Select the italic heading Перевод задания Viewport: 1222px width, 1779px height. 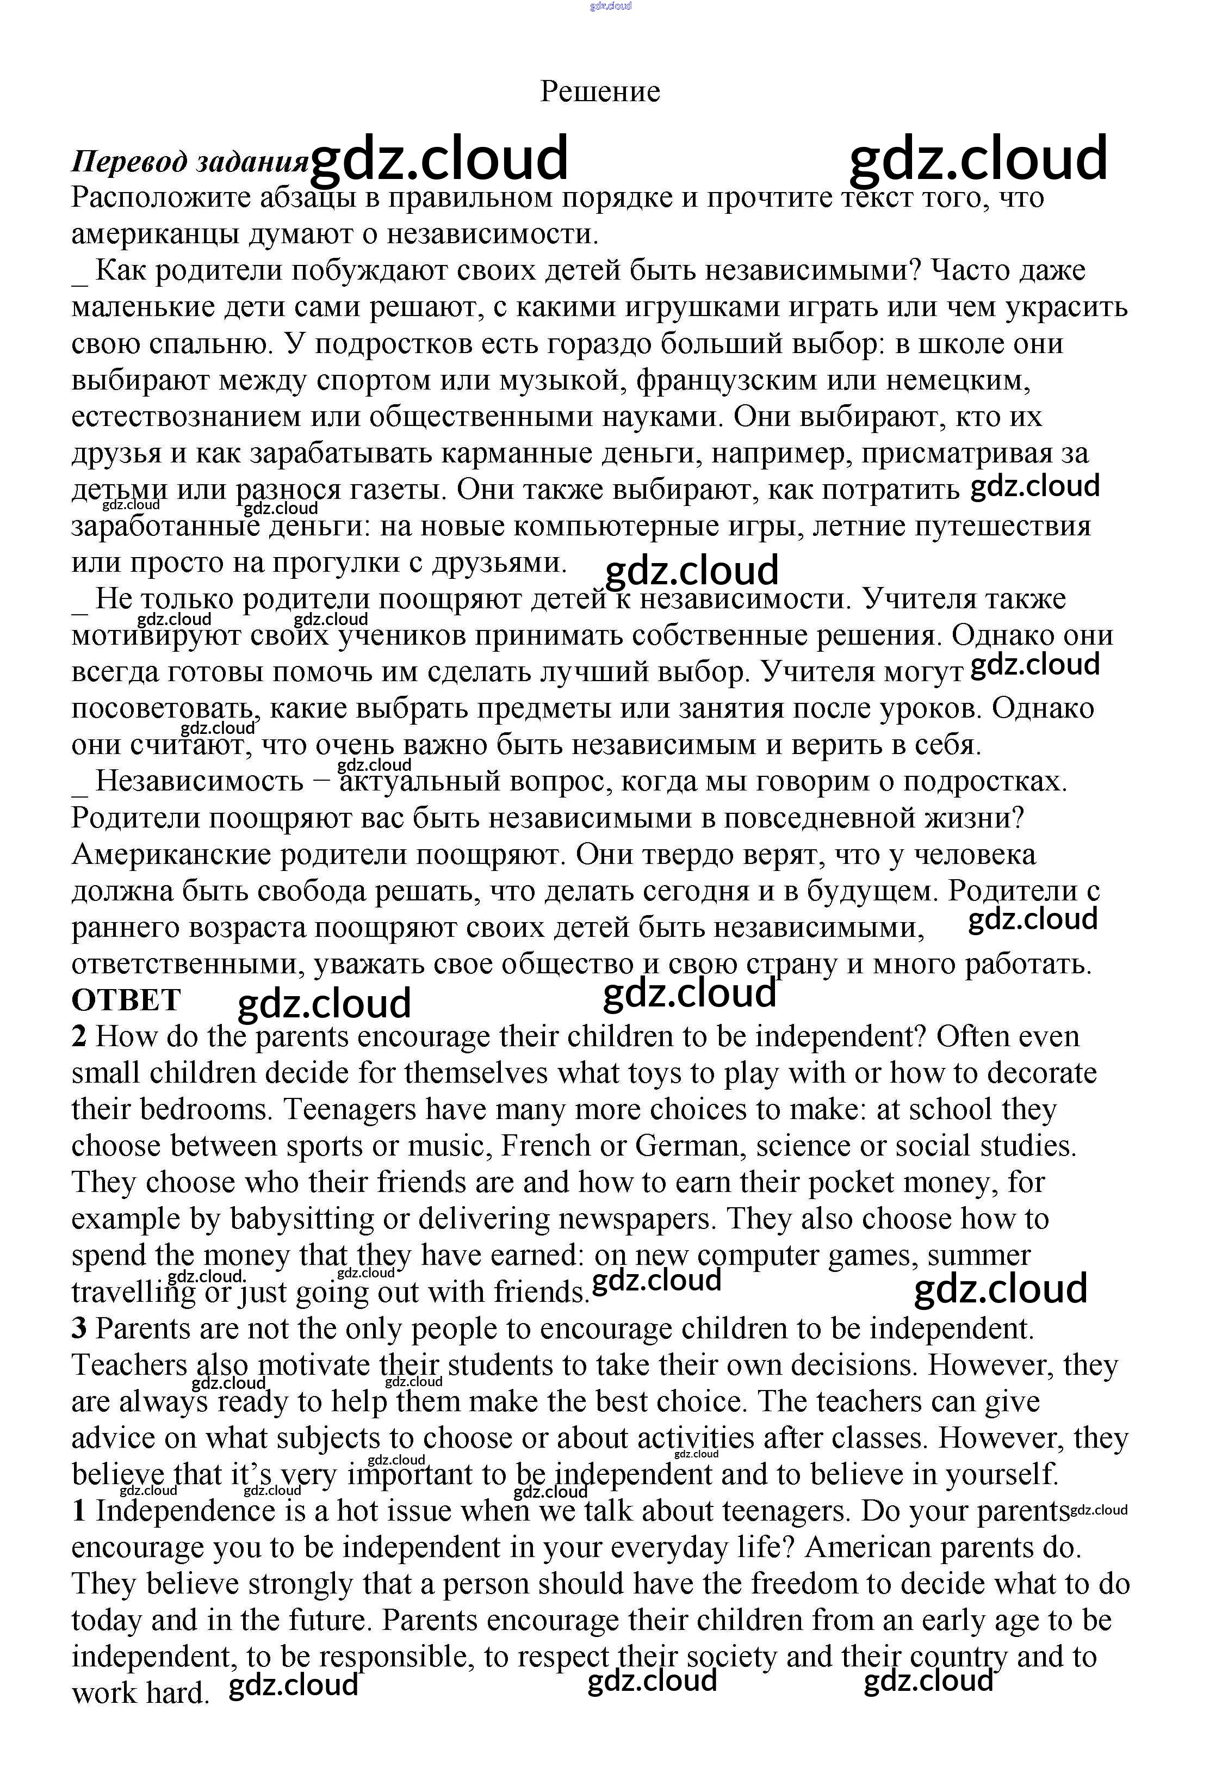pyautogui.click(x=189, y=162)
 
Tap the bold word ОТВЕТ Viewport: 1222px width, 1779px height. pyautogui.click(x=126, y=1000)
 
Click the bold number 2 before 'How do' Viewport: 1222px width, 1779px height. pyautogui.click(x=79, y=1037)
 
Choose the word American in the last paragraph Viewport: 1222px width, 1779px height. pyautogui.click(x=867, y=1548)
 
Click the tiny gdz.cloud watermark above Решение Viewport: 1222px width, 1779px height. pyautogui.click(x=610, y=6)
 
